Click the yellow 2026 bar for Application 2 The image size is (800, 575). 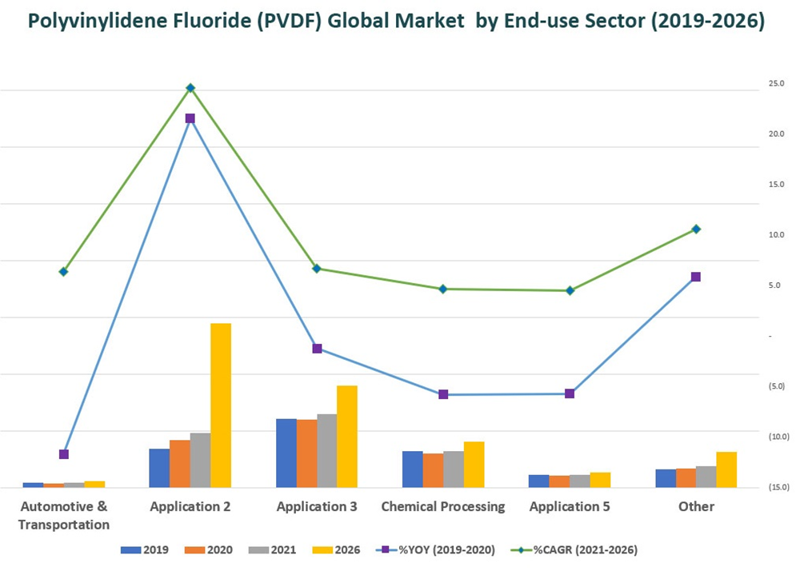[x=220, y=405]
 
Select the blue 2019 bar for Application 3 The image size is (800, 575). [x=286, y=453]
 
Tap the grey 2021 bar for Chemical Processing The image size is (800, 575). [x=453, y=469]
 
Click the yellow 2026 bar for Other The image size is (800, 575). [x=726, y=469]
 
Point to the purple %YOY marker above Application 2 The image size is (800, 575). [x=190, y=118]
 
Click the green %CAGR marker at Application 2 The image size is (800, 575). [x=190, y=88]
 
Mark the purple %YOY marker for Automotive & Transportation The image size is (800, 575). [x=64, y=454]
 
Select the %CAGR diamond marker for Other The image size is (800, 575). [x=696, y=230]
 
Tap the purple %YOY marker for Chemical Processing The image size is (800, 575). [x=443, y=394]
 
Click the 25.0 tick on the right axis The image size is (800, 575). [x=776, y=84]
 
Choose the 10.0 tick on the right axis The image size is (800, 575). [x=776, y=235]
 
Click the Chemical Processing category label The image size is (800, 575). [x=443, y=506]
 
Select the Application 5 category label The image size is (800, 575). [x=570, y=506]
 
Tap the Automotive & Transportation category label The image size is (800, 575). [x=64, y=515]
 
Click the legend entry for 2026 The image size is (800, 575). [x=338, y=550]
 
